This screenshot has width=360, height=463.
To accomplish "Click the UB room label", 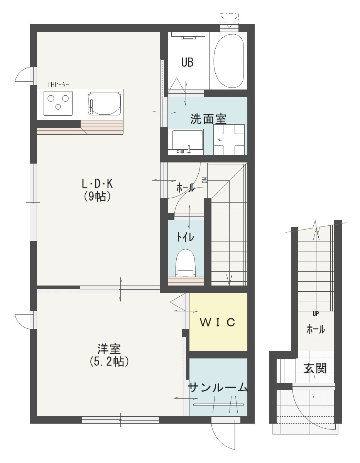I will click(x=187, y=62).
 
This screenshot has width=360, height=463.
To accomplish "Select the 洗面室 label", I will click(x=208, y=119).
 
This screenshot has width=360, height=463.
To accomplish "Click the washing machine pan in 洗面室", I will click(x=229, y=139).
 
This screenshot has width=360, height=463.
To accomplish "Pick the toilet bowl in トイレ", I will click(x=185, y=262).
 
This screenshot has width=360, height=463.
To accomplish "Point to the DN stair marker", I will click(x=205, y=180).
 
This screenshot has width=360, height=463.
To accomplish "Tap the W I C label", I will click(x=217, y=323).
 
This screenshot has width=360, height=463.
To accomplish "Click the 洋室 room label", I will click(x=109, y=350).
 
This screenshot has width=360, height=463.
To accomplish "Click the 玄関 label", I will click(x=315, y=368).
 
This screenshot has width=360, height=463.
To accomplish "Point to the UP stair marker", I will click(x=315, y=314).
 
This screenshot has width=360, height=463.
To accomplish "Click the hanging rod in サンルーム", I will click(x=218, y=404).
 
